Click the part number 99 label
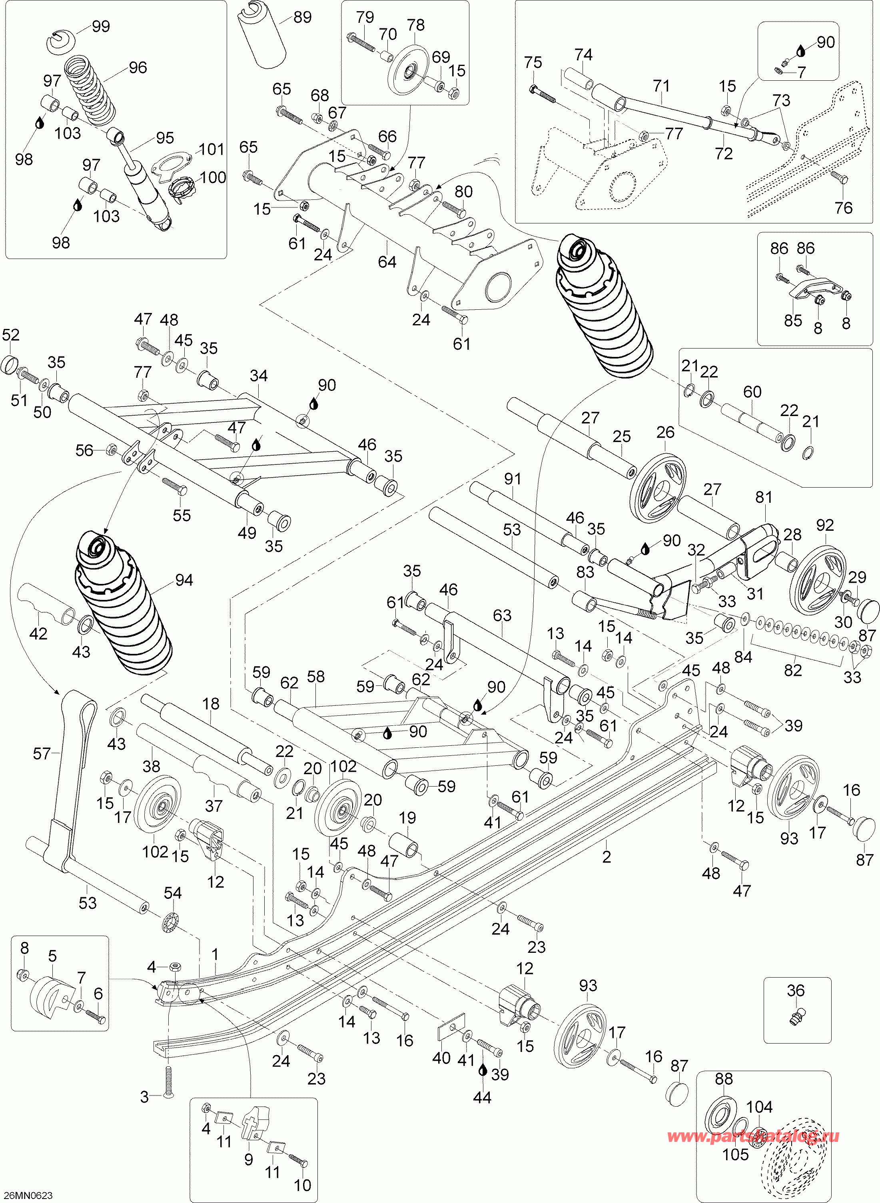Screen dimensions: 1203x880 [101, 26]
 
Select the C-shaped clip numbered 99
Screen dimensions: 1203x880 [64, 42]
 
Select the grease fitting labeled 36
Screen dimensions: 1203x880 [795, 1016]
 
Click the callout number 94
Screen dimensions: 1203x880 [184, 580]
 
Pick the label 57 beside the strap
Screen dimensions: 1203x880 [42, 753]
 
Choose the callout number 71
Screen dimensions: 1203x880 [660, 86]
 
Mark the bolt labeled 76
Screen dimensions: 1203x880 [840, 178]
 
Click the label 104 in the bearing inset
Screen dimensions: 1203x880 [758, 1107]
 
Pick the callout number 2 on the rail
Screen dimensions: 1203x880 [606, 856]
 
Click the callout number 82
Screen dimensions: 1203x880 [792, 670]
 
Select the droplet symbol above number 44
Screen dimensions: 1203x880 [483, 1070]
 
